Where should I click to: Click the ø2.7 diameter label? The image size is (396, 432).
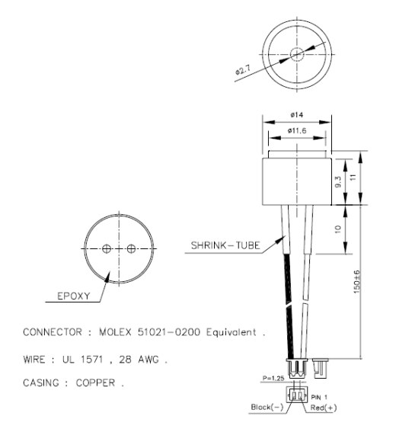pos(243,71)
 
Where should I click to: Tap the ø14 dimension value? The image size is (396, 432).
pos(296,114)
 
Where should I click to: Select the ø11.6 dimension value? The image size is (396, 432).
pos(297,130)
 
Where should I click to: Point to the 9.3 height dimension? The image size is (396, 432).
pos(338,182)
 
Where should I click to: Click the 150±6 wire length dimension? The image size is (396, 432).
pos(356,282)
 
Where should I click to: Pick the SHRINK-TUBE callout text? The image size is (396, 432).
pos(225,245)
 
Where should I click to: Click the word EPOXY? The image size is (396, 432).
pos(74,296)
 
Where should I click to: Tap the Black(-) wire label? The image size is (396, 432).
pos(267,407)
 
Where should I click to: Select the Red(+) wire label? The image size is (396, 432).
pos(324,408)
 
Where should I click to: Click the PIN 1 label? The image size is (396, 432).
pos(319,397)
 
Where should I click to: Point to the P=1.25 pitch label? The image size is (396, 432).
pos(273,378)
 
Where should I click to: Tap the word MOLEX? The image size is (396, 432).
pos(115,331)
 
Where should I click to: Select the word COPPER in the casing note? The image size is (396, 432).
pos(95,382)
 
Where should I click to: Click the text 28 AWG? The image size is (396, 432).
pos(139,360)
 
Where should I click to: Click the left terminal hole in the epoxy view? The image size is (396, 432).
pos(107,249)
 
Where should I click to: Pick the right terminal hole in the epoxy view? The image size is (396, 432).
pos(131,249)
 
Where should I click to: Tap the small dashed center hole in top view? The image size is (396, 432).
pos(297,54)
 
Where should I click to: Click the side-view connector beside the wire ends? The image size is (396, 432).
pos(321,368)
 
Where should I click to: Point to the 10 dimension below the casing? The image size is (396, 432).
pos(338,229)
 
